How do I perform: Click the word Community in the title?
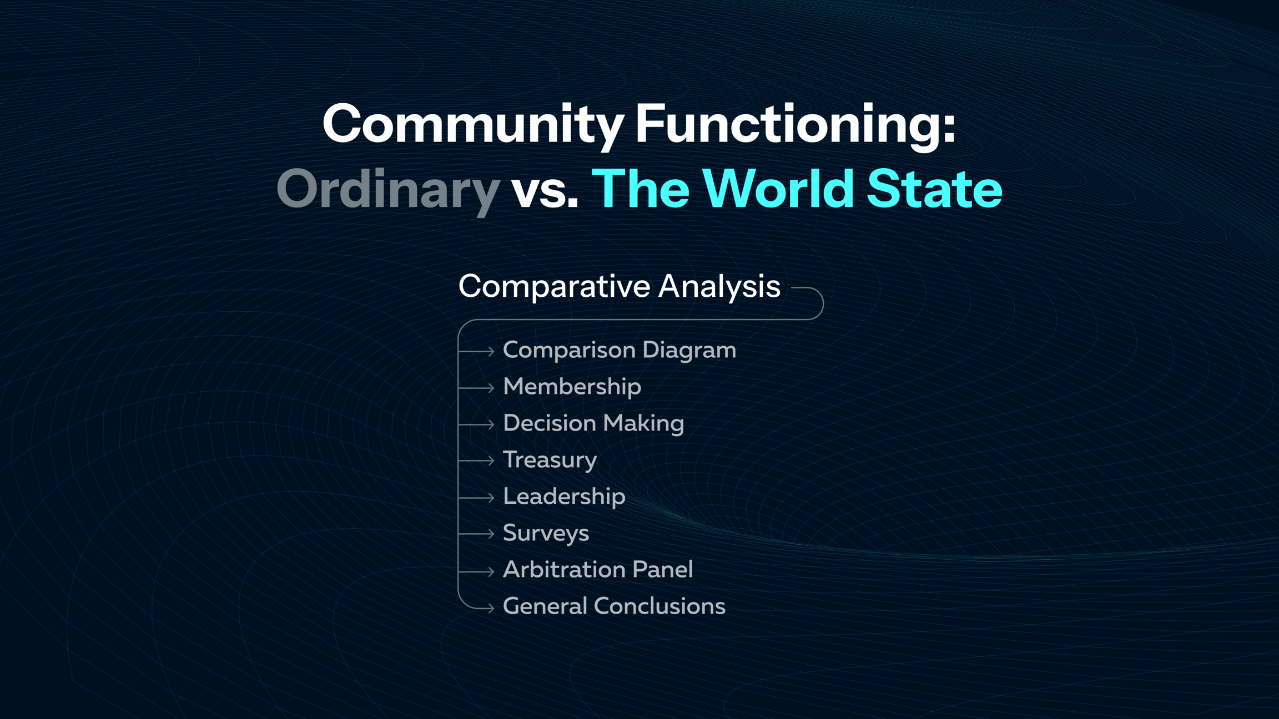pyautogui.click(x=474, y=125)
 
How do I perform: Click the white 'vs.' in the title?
pyautogui.click(x=545, y=192)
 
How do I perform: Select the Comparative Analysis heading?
pyautogui.click(x=620, y=287)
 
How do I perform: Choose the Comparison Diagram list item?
pyautogui.click(x=620, y=350)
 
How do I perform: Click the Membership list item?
pyautogui.click(x=572, y=387)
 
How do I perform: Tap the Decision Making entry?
pyautogui.click(x=593, y=423)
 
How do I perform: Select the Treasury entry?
pyautogui.click(x=550, y=460)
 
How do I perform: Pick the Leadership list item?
pyautogui.click(x=564, y=497)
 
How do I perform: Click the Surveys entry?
pyautogui.click(x=546, y=533)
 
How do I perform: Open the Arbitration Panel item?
pyautogui.click(x=598, y=570)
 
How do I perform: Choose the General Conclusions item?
pyautogui.click(x=614, y=606)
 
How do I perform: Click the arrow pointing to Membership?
pyautogui.click(x=476, y=388)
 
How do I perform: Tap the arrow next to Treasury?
pyautogui.click(x=476, y=460)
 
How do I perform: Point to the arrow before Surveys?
pyautogui.click(x=476, y=534)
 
